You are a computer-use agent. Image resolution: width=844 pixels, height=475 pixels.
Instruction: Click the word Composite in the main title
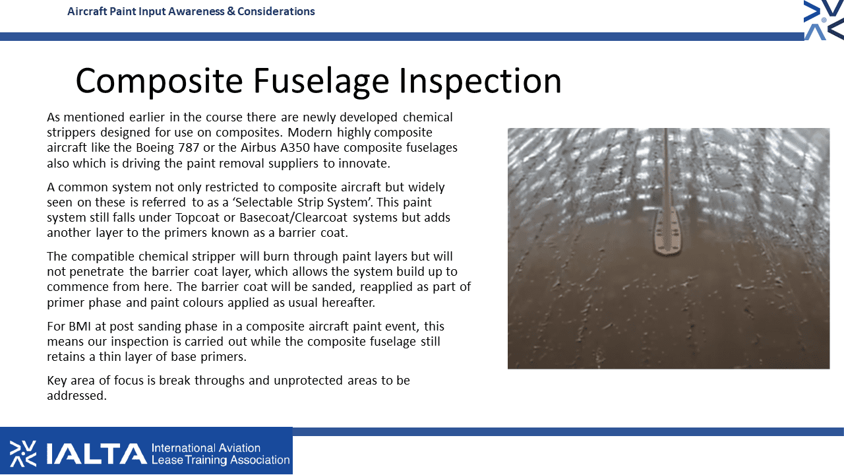[159, 81]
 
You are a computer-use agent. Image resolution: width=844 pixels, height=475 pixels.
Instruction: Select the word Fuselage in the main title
[321, 81]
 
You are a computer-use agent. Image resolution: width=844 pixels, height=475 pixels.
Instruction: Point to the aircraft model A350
[295, 147]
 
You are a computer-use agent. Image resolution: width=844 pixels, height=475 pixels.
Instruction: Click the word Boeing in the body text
[155, 148]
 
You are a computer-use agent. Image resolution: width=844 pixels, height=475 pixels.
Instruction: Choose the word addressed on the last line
[77, 395]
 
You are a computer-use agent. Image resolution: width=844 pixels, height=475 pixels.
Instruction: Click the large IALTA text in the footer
[97, 453]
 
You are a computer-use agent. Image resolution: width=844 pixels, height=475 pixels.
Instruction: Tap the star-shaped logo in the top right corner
[824, 20]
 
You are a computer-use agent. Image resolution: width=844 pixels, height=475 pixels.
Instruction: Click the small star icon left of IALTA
[23, 453]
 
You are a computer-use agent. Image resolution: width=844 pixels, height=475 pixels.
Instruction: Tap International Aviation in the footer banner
[206, 448]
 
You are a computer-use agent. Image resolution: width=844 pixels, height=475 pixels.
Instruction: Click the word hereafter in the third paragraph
[348, 302]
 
